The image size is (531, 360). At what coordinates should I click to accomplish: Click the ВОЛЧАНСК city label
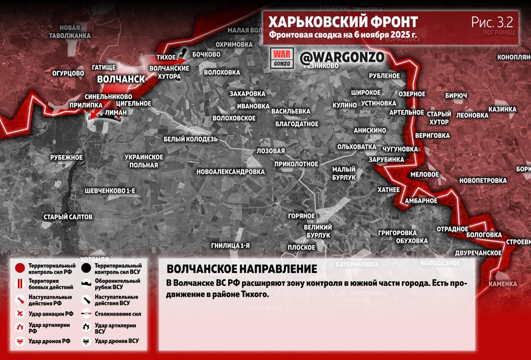point(121,79)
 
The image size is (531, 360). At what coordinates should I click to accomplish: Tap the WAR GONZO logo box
point(282,58)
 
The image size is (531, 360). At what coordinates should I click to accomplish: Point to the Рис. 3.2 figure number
point(492,22)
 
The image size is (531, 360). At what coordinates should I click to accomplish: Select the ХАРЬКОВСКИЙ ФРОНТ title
point(343,22)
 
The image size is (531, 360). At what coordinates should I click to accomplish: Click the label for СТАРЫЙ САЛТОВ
point(68,217)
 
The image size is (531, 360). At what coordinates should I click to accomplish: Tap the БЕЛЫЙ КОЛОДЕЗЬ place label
point(190,139)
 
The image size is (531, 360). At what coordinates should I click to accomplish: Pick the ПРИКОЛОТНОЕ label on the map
point(296,164)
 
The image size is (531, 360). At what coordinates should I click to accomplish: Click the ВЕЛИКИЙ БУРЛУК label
point(318,231)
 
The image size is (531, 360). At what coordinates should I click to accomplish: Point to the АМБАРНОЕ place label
point(421,201)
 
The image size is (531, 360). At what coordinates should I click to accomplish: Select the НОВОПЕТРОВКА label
point(483,181)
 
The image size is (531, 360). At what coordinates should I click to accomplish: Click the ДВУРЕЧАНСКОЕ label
point(478,252)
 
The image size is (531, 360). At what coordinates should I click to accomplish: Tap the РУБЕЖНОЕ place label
point(66,157)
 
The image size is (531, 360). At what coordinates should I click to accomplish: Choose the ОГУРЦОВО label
point(68,73)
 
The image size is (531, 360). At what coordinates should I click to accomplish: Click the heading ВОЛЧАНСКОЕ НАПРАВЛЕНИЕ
point(242,269)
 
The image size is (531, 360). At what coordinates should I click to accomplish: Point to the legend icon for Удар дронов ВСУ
point(86,341)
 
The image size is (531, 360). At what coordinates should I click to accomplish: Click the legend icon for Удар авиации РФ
point(19,313)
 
